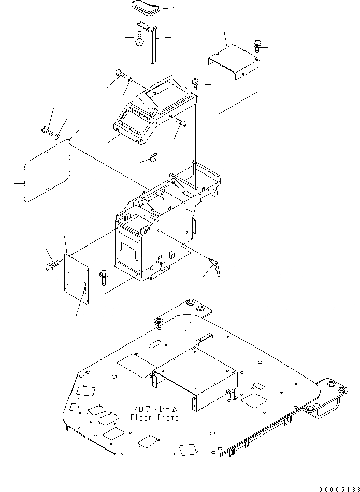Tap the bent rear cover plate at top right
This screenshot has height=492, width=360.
coord(233,61)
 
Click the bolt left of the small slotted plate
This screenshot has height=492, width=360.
coord(50,267)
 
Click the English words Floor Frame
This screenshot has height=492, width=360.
coord(154,417)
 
